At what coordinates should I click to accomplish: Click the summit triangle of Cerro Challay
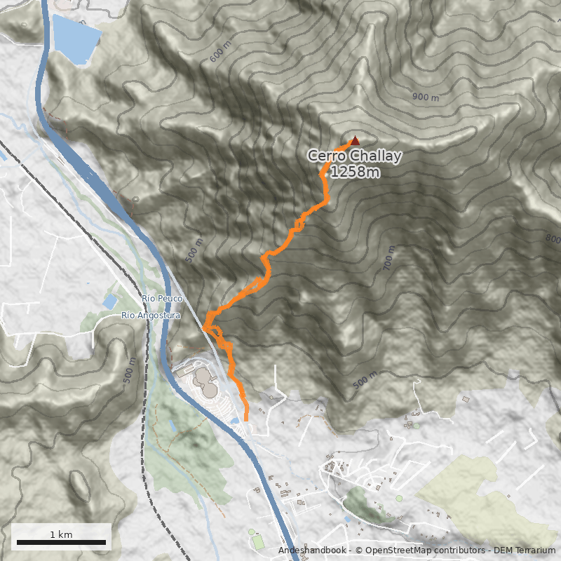click(355, 140)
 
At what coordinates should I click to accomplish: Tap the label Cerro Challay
click(356, 156)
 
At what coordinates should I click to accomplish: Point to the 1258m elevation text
click(356, 172)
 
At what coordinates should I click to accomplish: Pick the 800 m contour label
click(553, 240)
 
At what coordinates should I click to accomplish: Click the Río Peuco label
click(162, 299)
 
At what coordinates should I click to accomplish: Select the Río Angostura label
click(151, 316)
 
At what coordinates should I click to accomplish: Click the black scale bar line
click(61, 542)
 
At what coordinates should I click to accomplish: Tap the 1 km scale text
click(61, 534)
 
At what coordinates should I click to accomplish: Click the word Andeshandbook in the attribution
click(311, 551)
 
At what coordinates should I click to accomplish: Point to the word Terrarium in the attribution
click(534, 551)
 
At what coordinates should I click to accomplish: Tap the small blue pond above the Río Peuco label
click(110, 302)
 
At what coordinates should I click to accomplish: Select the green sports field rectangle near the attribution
click(259, 542)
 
